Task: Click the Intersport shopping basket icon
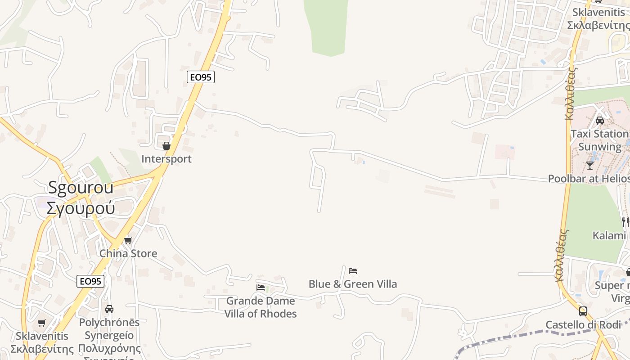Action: point(166,146)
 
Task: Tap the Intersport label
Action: point(166,159)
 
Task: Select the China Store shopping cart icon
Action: point(128,240)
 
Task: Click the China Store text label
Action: point(128,253)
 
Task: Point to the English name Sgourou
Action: point(81,188)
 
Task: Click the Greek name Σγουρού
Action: point(81,207)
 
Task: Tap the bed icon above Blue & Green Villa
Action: point(353,271)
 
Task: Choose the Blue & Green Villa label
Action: point(353,284)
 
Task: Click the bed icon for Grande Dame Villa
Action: point(261,287)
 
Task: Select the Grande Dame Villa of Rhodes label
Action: point(261,307)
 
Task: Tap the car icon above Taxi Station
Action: point(600,121)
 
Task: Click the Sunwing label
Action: point(600,147)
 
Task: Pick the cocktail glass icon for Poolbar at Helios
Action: point(590,165)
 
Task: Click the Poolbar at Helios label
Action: point(589,178)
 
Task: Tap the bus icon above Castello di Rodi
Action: point(583,311)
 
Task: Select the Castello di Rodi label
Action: point(583,324)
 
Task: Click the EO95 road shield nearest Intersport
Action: point(200,77)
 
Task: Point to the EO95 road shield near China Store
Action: point(90,281)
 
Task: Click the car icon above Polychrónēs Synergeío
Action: point(109,309)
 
